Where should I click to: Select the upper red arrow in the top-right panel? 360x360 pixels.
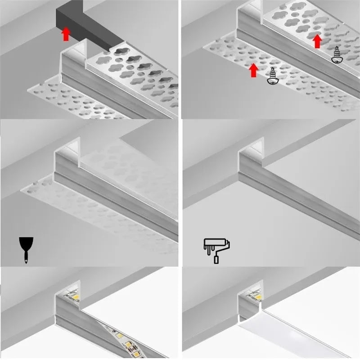coord(318,41)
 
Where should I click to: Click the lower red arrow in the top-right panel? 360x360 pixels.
coord(254,70)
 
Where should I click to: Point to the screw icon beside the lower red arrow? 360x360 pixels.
coord(272,76)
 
